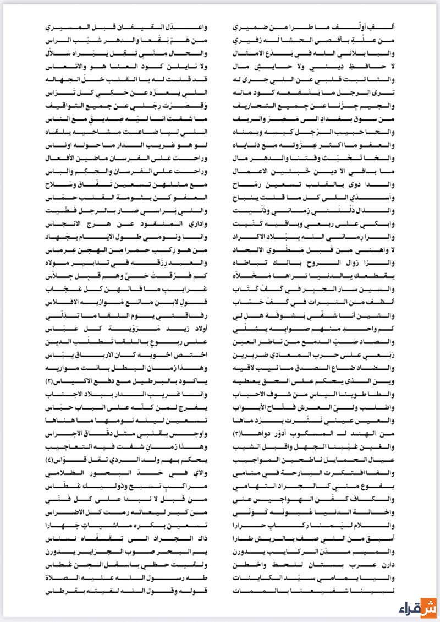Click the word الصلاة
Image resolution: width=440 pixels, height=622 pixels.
[61, 577]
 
